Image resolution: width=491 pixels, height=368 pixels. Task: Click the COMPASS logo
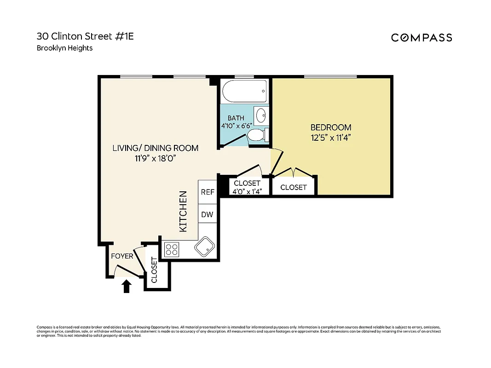[422, 38]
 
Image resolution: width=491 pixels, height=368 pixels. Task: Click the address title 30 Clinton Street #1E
[85, 36]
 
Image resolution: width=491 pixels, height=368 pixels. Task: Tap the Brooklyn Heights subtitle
[64, 48]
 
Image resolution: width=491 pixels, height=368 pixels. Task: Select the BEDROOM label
[331, 127]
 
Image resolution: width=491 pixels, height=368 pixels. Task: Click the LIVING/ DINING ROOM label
[156, 148]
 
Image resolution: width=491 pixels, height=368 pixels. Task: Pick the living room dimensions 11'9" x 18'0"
[156, 158]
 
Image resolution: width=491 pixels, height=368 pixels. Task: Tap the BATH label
[236, 118]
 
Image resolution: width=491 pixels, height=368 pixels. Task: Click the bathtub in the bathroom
[244, 92]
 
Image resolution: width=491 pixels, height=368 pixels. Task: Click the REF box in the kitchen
[208, 192]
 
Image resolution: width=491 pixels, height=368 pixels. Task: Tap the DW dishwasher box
[208, 214]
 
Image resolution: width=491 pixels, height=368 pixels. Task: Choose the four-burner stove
[172, 249]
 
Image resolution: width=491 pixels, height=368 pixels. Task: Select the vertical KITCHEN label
[183, 211]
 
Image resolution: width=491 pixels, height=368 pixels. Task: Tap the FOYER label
[122, 256]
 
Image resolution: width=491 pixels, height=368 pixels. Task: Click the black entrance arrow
[127, 287]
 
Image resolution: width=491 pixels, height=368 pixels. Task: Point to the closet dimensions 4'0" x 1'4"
[247, 192]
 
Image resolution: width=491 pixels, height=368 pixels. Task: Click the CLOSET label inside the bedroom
[293, 187]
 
